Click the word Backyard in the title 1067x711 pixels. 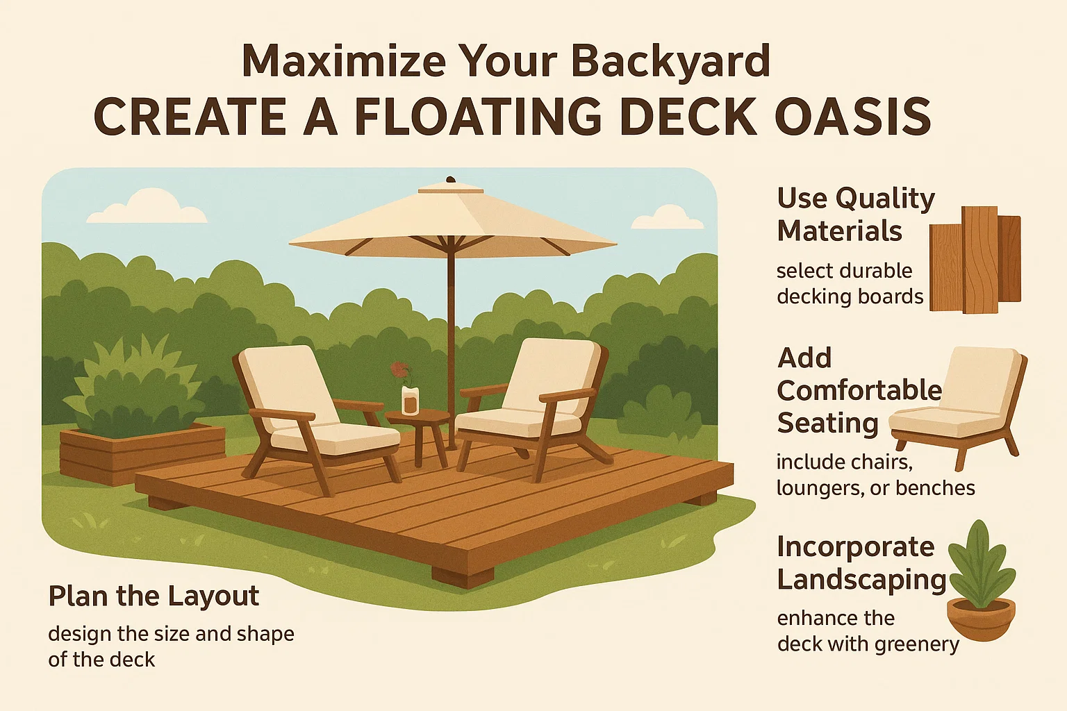tap(670, 61)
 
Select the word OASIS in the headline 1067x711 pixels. tap(852, 117)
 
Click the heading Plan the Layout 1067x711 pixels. tap(154, 596)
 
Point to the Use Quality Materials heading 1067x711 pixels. tap(855, 215)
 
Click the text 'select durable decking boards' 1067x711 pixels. tap(850, 283)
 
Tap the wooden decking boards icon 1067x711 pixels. tap(975, 260)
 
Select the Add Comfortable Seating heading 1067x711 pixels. tap(859, 390)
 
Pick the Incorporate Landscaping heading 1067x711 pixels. tap(861, 563)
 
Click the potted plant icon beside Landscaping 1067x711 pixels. tap(980, 583)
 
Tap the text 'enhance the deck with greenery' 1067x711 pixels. tap(868, 631)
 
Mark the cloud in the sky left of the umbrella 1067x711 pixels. tap(148, 207)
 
